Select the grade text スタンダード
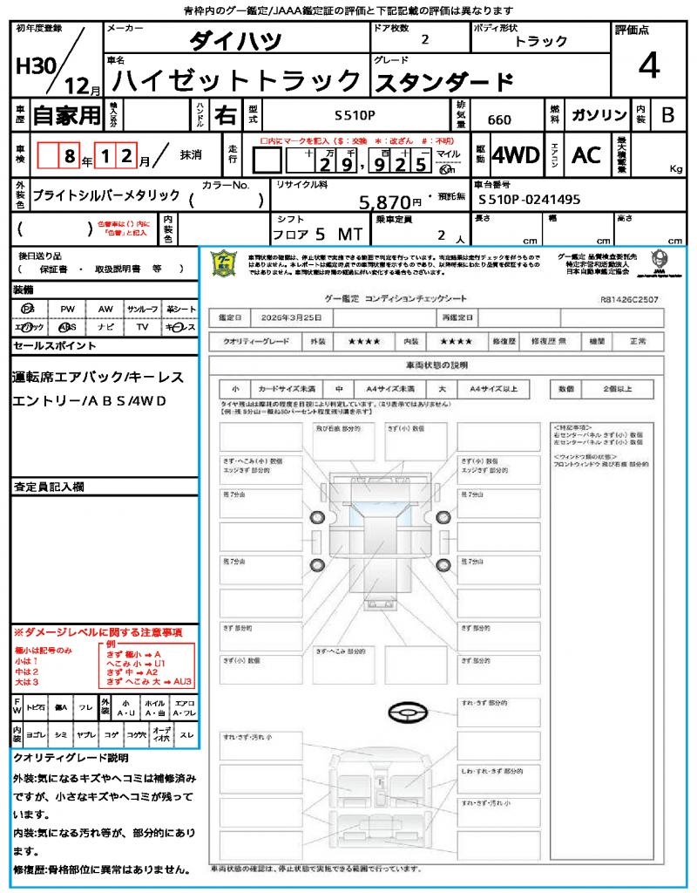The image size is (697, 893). (443, 82)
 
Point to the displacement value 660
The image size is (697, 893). (499, 120)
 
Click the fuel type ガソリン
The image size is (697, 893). (599, 116)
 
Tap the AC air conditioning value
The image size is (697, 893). (586, 155)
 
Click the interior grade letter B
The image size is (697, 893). (667, 115)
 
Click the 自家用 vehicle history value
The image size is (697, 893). (66, 115)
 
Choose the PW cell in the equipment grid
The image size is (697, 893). (67, 309)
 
